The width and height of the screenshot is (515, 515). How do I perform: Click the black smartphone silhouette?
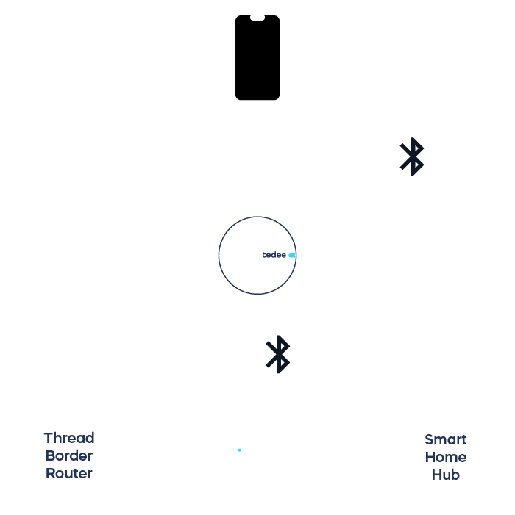point(257,59)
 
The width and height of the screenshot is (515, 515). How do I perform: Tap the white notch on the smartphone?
point(257,18)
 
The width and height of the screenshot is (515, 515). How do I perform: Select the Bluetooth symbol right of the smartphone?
point(412,156)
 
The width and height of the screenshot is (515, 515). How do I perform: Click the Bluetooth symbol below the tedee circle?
point(278,354)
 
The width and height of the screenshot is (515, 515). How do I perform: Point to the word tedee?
point(274,255)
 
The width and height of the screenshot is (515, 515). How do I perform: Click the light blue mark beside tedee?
point(292,256)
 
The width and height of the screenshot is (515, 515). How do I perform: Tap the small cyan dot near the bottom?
point(240,450)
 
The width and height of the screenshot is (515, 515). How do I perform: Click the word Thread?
point(69,439)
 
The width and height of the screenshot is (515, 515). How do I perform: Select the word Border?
point(69,456)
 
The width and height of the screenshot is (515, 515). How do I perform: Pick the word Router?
point(69,474)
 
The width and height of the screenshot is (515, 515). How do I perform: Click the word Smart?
point(446,440)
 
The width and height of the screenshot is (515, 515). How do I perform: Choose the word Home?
point(446,458)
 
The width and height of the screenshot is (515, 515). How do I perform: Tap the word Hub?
point(446,475)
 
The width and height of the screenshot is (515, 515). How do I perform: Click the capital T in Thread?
point(49,439)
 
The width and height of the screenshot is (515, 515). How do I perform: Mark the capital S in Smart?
point(429,440)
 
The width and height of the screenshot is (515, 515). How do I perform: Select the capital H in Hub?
point(436,475)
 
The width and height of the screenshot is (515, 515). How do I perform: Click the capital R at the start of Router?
point(50,474)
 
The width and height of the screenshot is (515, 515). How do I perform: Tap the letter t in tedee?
point(264,255)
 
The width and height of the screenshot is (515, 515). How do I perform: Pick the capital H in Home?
point(430,458)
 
